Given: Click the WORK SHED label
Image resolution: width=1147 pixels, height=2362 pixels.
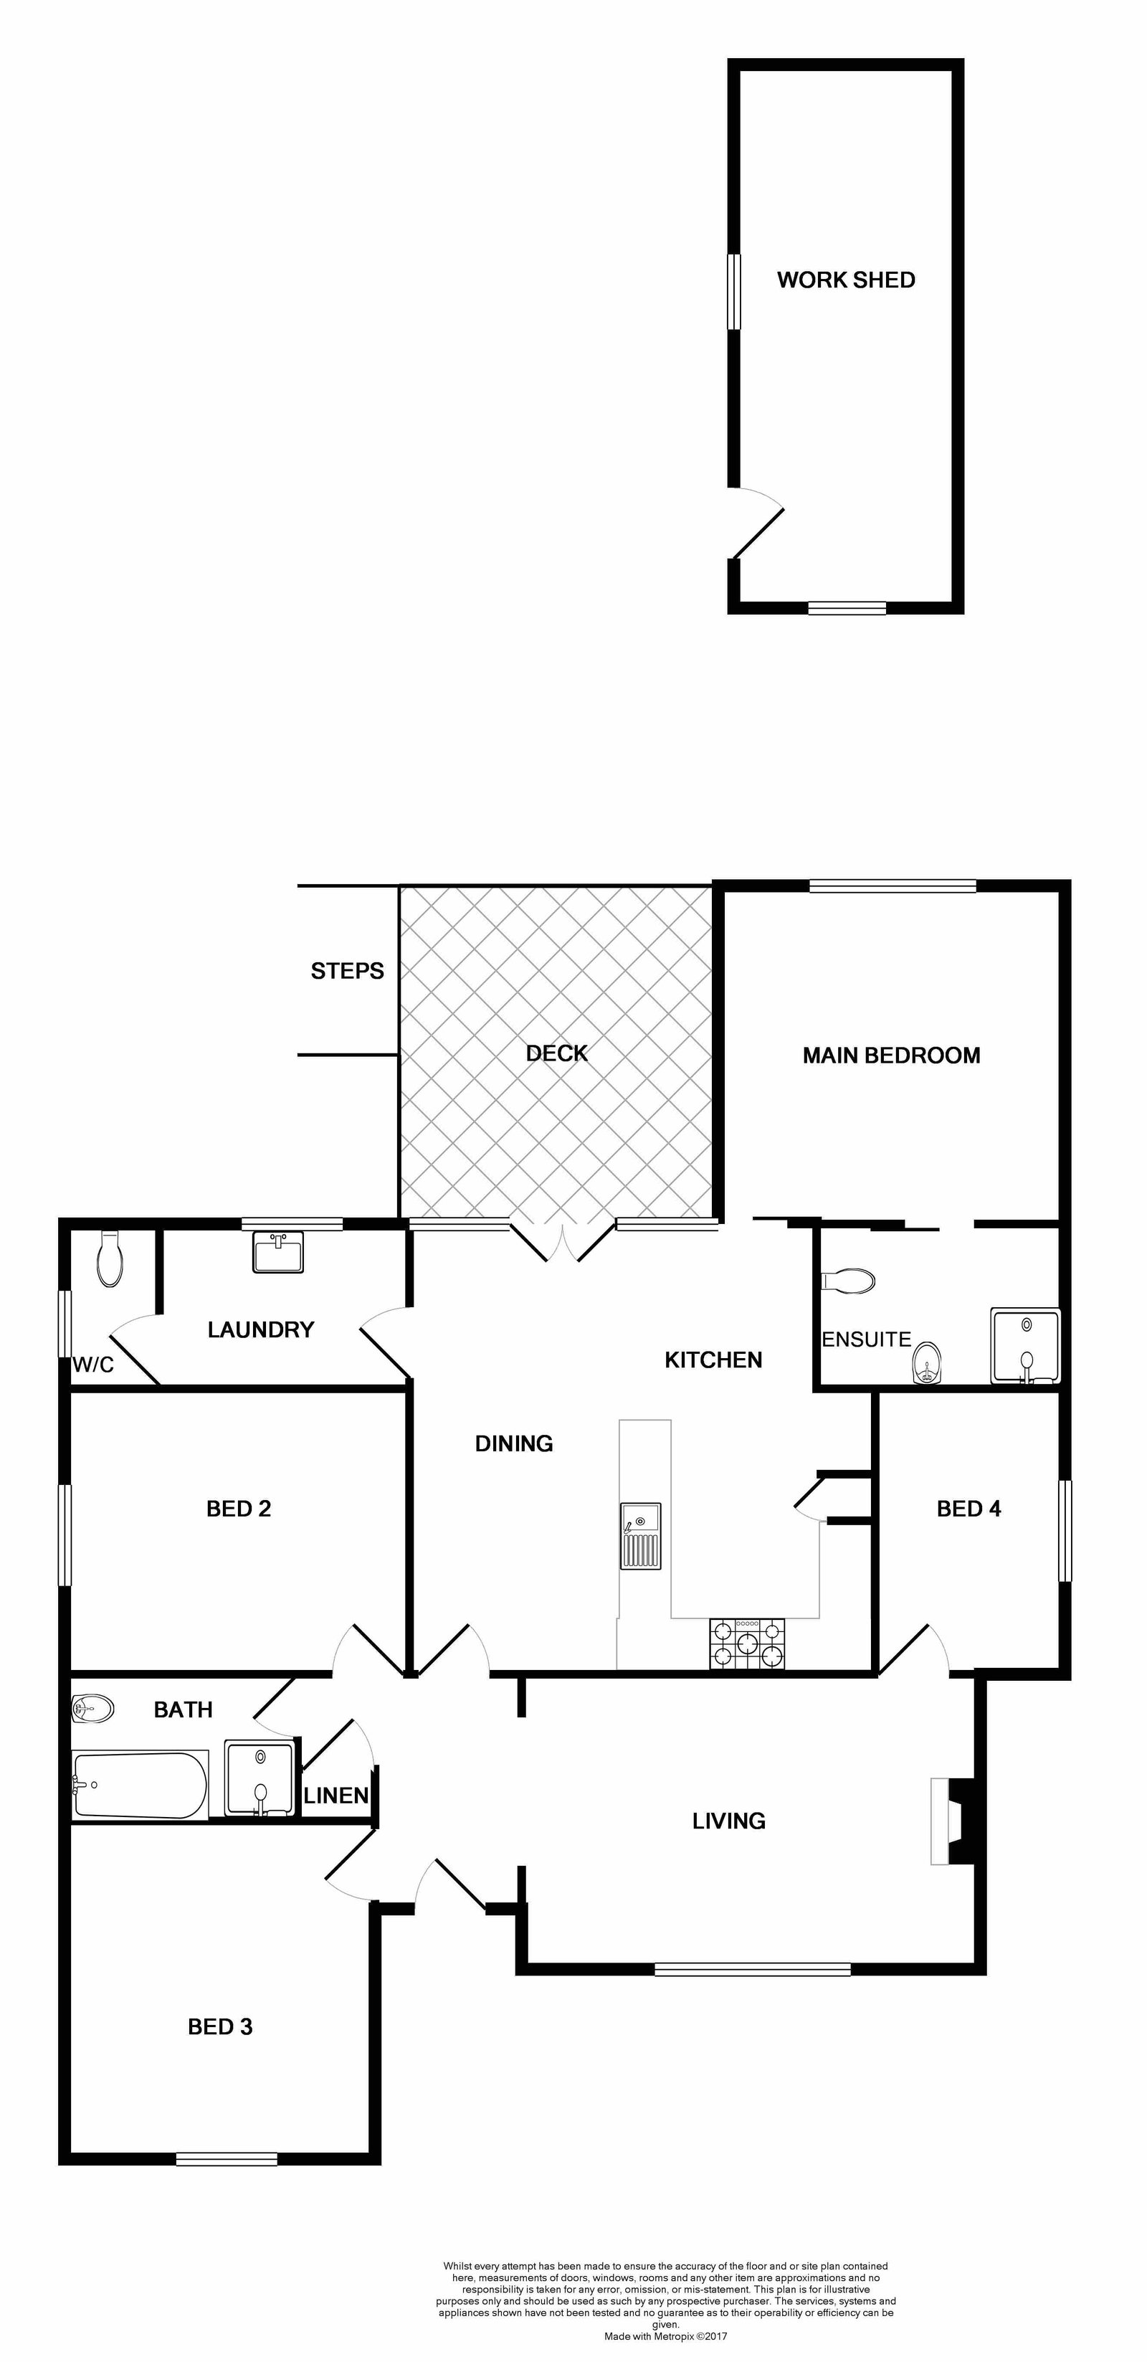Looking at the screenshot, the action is pos(846,280).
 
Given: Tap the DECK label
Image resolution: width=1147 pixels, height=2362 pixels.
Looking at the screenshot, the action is pos(556,1053).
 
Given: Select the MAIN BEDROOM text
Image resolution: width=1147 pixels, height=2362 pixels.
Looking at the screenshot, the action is pos(891,1056).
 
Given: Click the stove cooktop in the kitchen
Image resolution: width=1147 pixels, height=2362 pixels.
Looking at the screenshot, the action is pos(747,1644).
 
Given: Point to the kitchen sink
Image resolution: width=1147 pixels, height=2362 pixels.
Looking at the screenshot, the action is pos(640,1536).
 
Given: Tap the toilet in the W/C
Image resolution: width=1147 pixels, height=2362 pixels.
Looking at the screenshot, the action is pos(110,1258).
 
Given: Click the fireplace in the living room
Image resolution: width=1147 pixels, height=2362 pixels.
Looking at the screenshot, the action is pos(952,1821).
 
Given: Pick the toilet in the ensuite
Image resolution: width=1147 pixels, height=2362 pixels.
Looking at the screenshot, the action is pos(849,1281).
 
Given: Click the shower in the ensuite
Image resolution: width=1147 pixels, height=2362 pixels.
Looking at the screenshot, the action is pos(1025,1346).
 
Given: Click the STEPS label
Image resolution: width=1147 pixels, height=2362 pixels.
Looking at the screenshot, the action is pos(348,971).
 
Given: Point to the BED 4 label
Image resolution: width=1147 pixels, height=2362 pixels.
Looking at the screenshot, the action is pos(969,1509).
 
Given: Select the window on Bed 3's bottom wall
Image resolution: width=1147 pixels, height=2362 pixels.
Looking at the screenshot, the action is pos(227,2158).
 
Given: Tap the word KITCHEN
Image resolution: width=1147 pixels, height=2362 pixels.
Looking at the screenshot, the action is pos(713,1360).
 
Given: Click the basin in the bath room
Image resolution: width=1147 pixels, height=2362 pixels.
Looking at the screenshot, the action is pos(92,1708).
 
